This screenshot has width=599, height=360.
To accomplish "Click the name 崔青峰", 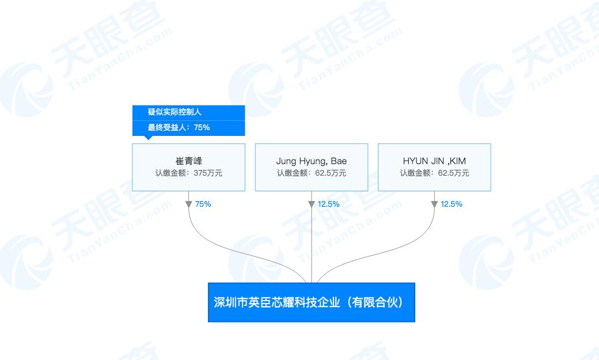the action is point(189,161).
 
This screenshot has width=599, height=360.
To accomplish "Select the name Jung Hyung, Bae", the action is point(312,161).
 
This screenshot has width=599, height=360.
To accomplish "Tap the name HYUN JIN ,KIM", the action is point(434,161).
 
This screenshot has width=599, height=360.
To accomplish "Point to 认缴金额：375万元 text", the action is point(189,173).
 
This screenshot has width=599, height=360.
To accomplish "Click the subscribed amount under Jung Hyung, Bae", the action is point(312,173).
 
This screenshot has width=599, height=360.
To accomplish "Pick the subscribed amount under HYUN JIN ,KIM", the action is point(434,173).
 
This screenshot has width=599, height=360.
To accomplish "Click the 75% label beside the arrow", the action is point(203,204).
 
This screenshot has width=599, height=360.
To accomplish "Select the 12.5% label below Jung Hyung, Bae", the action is point(328,204).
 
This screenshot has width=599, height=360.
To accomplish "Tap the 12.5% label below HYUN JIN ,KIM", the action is point(452,204).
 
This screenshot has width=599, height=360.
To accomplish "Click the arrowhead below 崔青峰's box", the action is point(189,204).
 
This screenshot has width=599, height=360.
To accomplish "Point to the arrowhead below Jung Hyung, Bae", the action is point(312,204).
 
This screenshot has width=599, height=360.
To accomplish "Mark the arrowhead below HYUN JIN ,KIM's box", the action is point(434,204).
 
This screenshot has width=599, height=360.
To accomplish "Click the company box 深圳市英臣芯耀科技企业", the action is point(312,302).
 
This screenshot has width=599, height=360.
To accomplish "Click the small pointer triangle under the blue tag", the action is point(148,138).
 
